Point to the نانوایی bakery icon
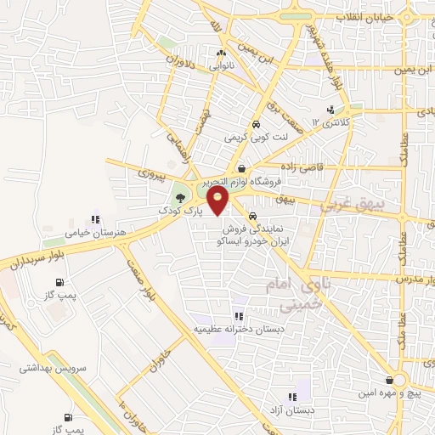[220, 54]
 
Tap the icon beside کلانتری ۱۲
[330, 110]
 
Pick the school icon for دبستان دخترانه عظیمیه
[227, 317]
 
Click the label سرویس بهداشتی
[51, 368]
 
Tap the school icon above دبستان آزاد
[292, 396]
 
